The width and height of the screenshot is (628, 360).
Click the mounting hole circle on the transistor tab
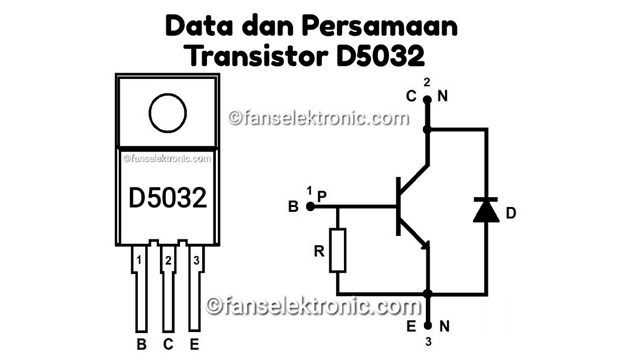click(x=168, y=113)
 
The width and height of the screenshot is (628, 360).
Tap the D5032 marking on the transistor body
click(x=168, y=198)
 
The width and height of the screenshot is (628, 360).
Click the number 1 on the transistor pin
click(x=139, y=260)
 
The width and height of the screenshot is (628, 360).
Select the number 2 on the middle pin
click(x=168, y=261)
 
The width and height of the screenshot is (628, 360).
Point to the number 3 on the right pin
click(x=196, y=260)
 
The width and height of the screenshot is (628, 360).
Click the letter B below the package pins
click(x=141, y=345)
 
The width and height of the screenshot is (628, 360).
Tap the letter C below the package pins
click(x=168, y=345)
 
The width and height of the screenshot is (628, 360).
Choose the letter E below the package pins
click(x=195, y=345)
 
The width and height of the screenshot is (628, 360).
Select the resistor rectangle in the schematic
click(x=338, y=250)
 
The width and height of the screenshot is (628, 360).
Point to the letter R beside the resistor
click(x=319, y=252)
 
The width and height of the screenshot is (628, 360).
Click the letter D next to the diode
click(x=511, y=213)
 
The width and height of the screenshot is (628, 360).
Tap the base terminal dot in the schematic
click(x=310, y=206)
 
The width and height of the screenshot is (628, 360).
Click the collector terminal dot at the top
click(x=427, y=100)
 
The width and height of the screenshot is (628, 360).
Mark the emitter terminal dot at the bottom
click(x=428, y=325)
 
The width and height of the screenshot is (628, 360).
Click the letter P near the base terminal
click(x=322, y=196)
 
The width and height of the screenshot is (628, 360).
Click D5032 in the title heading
click(x=380, y=57)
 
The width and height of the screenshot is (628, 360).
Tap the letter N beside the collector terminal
click(x=443, y=97)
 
